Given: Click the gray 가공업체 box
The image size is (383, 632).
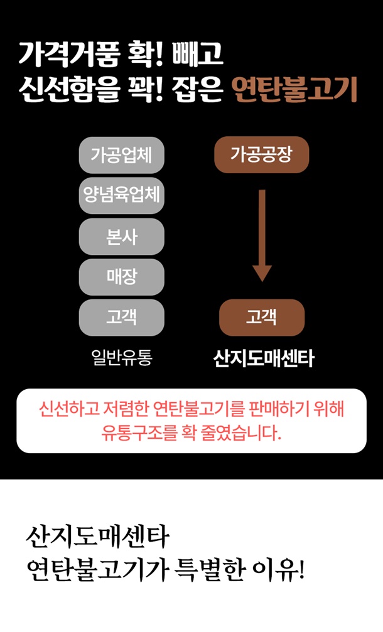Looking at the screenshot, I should pyautogui.click(x=121, y=154).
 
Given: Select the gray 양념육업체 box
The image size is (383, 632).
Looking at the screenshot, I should pyautogui.click(x=121, y=196).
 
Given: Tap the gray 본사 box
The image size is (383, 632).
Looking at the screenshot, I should pyautogui.click(x=121, y=237).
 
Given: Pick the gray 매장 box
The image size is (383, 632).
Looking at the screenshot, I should pyautogui.click(x=121, y=277).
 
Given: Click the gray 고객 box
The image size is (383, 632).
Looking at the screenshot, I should pyautogui.click(x=121, y=318).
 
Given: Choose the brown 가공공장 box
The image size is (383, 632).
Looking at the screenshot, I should pyautogui.click(x=261, y=154).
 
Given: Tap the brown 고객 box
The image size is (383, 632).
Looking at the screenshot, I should pyautogui.click(x=261, y=318).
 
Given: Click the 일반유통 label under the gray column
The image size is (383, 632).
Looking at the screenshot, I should pyautogui.click(x=121, y=358).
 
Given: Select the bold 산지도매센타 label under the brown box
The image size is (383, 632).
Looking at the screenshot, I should pyautogui.click(x=263, y=359).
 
